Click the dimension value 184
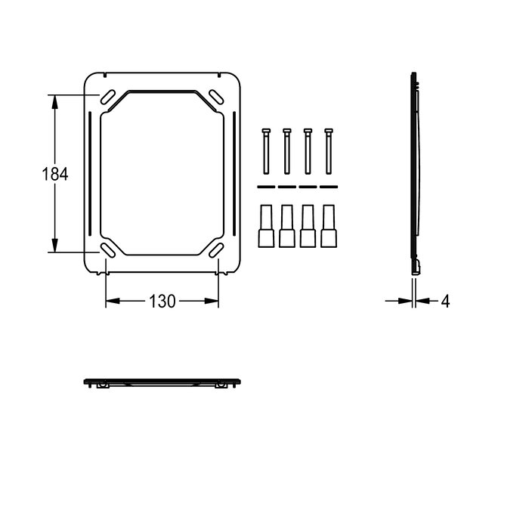click(x=54, y=174)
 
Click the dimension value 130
click(x=162, y=302)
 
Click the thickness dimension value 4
click(x=445, y=301)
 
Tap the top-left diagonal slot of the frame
click(x=107, y=97)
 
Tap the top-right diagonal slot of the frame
click(x=216, y=97)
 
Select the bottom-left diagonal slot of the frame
click(x=107, y=250)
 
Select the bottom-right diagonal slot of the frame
click(x=216, y=250)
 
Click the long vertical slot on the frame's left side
click(x=90, y=174)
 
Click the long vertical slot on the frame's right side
click(x=234, y=174)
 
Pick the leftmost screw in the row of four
click(x=266, y=151)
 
